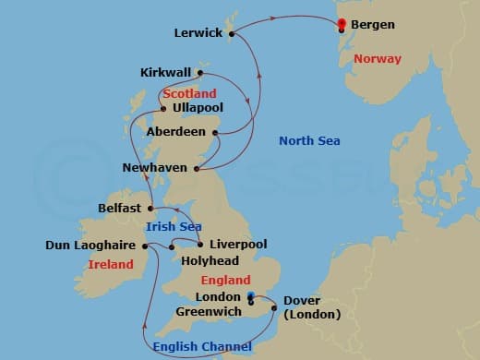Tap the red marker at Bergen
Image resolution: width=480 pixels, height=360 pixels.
[x=342, y=24]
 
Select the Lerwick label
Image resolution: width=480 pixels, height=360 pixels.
[x=198, y=32]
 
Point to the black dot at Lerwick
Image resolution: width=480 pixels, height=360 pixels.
[x=231, y=34]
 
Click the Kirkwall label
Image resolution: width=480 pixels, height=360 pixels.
[x=166, y=72]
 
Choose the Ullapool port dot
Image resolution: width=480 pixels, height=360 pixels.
[x=164, y=108]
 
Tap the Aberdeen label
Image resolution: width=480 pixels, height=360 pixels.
[x=177, y=132]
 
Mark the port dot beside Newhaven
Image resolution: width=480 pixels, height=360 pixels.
[x=196, y=168]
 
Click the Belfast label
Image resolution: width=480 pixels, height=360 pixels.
[x=120, y=209]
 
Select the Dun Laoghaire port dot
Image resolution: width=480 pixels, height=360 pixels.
[x=145, y=246]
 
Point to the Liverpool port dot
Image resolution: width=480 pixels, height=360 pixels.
[x=199, y=245]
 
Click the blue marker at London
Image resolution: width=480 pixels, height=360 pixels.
[x=251, y=296]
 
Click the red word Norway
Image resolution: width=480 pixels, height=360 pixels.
[x=378, y=59]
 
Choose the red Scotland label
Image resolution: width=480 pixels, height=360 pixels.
[x=189, y=93]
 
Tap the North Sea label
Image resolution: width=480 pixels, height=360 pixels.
[x=309, y=141]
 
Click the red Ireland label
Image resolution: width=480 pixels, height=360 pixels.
[x=110, y=265]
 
